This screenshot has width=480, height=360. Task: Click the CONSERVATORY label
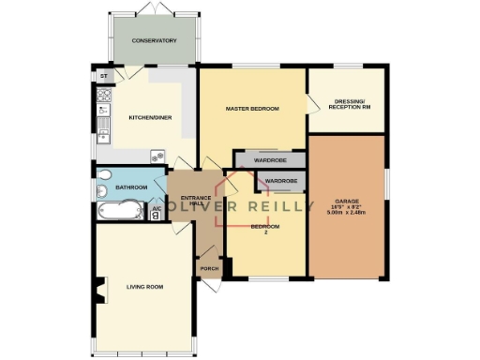point(155,41)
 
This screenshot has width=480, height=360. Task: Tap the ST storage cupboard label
point(105,74)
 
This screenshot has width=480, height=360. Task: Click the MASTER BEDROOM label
point(253,110)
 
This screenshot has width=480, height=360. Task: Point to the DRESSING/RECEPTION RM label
point(346,102)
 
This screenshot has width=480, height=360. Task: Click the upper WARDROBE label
point(268,160)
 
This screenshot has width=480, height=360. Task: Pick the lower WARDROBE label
point(281,180)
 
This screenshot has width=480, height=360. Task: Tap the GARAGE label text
point(347,201)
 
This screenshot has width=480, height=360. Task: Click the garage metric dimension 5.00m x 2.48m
point(347,213)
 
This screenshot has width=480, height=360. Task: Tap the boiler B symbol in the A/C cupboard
point(156,216)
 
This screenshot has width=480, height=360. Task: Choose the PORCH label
point(208,269)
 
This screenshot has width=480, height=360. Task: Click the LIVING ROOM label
point(144,286)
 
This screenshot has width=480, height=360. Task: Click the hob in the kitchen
point(104,95)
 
